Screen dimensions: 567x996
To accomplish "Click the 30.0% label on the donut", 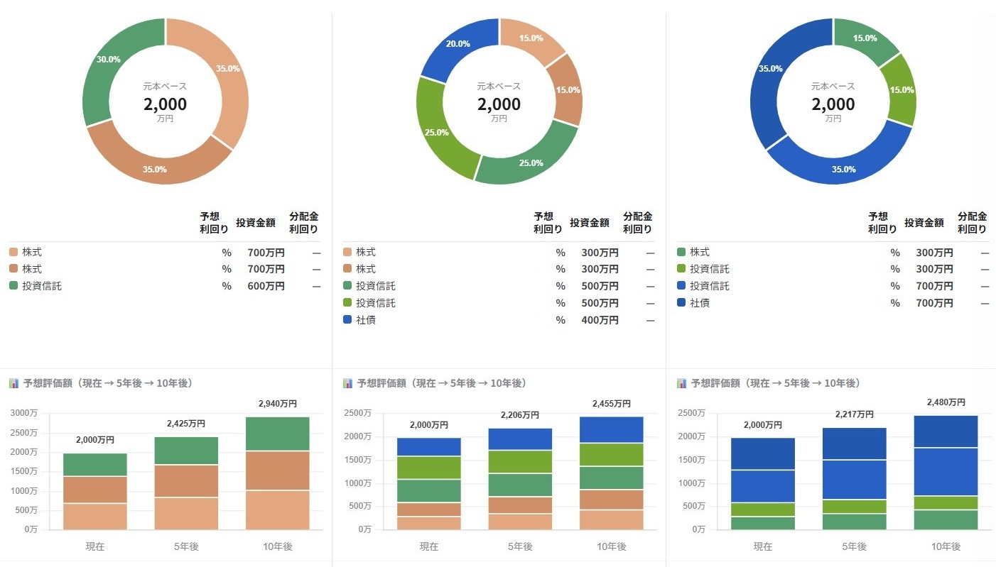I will click(x=108, y=60).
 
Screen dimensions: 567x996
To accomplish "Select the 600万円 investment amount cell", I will click(x=266, y=286).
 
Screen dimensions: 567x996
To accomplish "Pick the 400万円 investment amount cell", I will click(x=600, y=320).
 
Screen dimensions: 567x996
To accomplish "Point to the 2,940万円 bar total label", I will click(x=278, y=404).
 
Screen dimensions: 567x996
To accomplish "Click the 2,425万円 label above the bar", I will click(x=186, y=424).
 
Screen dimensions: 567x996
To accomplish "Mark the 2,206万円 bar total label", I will click(x=520, y=415).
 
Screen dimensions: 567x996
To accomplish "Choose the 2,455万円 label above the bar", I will click(x=612, y=404).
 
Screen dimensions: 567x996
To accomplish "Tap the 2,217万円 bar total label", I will click(x=855, y=414).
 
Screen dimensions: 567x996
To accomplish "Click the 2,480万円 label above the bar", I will click(x=946, y=402).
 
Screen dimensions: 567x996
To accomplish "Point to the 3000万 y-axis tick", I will click(x=24, y=413).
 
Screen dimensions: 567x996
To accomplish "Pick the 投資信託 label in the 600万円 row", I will click(x=42, y=286).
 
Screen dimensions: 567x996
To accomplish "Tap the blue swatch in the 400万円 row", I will click(x=347, y=320).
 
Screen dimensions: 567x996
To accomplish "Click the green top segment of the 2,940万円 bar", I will click(x=278, y=434).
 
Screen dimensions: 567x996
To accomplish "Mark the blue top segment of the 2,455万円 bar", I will click(x=612, y=430).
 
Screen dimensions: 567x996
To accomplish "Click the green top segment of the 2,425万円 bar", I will click(x=186, y=451).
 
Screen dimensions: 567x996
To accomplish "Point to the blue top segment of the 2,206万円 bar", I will click(x=520, y=439).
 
